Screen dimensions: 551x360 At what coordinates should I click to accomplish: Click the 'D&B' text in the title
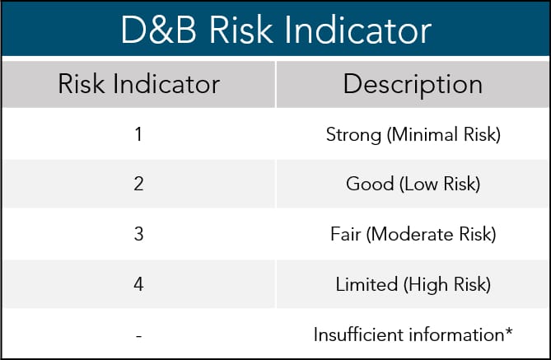pyautogui.click(x=158, y=30)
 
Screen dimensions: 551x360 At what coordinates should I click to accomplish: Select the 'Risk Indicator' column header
pyautogui.click(x=139, y=84)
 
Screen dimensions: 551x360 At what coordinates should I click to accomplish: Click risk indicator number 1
pyautogui.click(x=138, y=134)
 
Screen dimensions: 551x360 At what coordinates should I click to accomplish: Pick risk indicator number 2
pyautogui.click(x=138, y=184)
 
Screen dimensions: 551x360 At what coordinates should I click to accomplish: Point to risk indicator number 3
pyautogui.click(x=139, y=234)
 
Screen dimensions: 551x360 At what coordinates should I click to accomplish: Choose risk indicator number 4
pyautogui.click(x=138, y=284)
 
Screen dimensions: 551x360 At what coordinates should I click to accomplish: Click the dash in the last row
pyautogui.click(x=139, y=336)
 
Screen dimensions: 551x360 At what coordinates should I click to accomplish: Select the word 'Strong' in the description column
pyautogui.click(x=353, y=135)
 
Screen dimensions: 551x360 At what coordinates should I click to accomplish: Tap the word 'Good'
pyautogui.click(x=370, y=184)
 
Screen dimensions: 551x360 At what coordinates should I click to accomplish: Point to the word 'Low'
pyautogui.click(x=419, y=185)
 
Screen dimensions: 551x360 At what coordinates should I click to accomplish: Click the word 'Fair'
pyautogui.click(x=346, y=234)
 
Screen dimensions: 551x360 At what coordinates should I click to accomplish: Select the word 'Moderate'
pyautogui.click(x=409, y=234)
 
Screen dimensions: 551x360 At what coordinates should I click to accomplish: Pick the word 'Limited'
pyautogui.click(x=367, y=284)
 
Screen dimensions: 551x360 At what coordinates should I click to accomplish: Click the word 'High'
pyautogui.click(x=426, y=285)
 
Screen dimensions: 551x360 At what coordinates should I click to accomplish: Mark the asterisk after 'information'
pyautogui.click(x=509, y=331)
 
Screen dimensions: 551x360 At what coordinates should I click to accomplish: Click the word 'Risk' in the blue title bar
pyautogui.click(x=240, y=30)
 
